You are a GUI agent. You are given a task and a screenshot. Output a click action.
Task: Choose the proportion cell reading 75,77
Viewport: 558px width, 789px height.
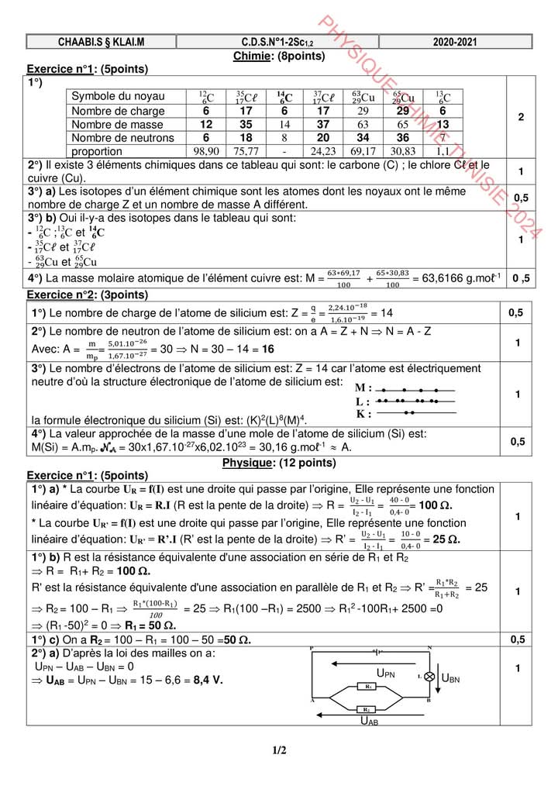tap(246, 150)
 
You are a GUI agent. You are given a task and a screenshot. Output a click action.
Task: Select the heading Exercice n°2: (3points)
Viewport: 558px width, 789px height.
tap(88, 295)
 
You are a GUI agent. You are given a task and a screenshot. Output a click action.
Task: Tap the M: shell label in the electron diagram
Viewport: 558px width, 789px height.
tap(363, 388)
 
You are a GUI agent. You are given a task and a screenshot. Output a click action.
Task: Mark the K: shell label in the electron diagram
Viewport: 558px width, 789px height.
tap(364, 415)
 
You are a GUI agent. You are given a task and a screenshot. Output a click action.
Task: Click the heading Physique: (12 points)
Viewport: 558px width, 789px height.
tap(279, 463)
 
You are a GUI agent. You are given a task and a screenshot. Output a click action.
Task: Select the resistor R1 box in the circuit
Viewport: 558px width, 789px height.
tap(370, 687)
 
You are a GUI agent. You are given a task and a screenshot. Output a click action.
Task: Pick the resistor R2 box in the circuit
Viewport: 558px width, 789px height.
tap(370, 708)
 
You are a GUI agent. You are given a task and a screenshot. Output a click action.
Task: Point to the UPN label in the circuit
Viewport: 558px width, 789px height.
tap(386, 674)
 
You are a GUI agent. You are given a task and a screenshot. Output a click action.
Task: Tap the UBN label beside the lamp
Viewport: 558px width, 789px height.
tap(450, 679)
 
